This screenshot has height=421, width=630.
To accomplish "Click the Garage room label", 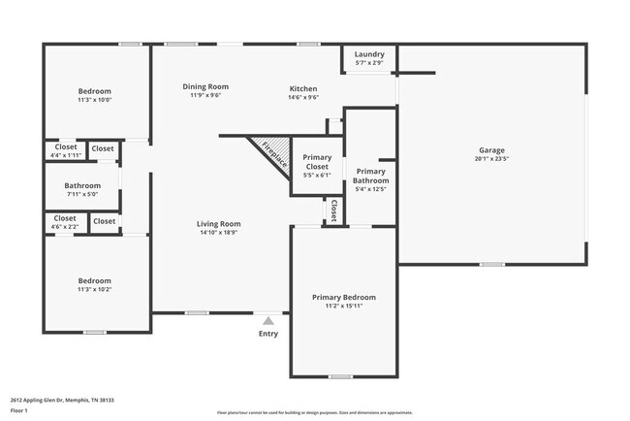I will coord(491,150).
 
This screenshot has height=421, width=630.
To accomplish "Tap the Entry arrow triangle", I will coord(268,320).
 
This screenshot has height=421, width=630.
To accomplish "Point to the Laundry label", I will coord(369,53).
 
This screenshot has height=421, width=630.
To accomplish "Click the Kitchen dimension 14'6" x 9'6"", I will coord(302,97).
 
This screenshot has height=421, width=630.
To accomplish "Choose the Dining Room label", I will coord(205,86).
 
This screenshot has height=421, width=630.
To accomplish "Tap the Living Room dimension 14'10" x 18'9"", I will coord(218,233).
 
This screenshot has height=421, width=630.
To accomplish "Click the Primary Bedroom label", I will coord(343,297).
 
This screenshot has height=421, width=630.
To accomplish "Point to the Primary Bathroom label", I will coord(370,176).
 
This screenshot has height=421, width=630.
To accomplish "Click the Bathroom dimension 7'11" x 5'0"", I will coord(82,194).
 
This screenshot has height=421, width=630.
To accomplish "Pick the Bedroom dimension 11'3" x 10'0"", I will coord(95,100).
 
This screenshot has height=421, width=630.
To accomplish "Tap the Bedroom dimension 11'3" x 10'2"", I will coord(95,290).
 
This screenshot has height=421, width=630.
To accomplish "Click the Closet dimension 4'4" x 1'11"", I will coord(66,156).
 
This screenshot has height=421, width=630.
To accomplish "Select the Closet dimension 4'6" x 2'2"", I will coord(66,227).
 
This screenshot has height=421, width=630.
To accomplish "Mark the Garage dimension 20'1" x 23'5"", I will coord(491,160).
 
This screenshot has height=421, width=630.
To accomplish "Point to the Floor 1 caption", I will coord(19,410).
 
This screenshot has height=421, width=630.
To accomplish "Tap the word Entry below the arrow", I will coord(268,334).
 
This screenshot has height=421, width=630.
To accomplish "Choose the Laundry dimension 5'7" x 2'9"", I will coord(369,63).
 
